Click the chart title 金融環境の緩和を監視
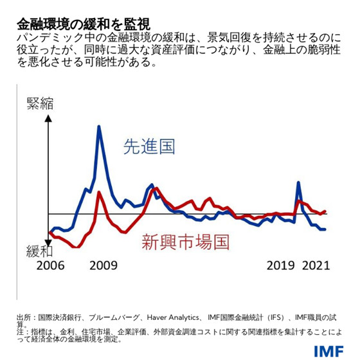click(84, 24)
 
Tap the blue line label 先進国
click(149, 148)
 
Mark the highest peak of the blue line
click(99, 127)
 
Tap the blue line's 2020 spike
click(298, 182)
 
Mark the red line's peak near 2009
click(98, 191)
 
